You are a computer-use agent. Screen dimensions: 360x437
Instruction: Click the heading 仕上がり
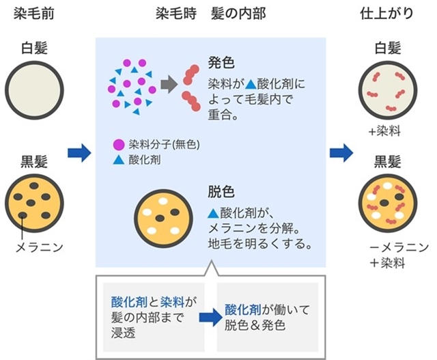click(387, 14)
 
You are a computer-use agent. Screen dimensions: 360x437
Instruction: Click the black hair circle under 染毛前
click(33, 202)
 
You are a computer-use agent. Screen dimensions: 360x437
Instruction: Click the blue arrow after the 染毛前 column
click(79, 153)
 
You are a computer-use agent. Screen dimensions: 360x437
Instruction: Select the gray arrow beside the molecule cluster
click(167, 85)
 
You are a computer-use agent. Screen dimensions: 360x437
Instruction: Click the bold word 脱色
click(221, 188)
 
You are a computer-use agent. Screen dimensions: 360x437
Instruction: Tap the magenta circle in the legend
click(119, 145)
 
